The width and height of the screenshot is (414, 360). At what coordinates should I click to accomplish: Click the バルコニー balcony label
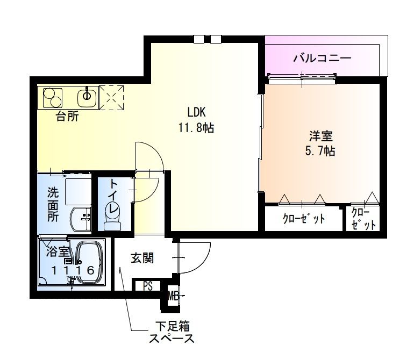pyautogui.click(x=322, y=57)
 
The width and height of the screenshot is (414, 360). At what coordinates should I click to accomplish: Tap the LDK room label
pyautogui.click(x=197, y=112)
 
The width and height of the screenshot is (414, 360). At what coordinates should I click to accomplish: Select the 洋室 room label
pyautogui.click(x=319, y=135)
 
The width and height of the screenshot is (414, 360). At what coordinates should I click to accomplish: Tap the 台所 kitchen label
pyautogui.click(x=67, y=117)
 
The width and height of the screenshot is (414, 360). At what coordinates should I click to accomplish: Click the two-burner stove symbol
pyautogui.click(x=53, y=97)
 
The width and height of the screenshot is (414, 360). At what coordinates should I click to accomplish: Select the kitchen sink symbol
pyautogui.click(x=87, y=97)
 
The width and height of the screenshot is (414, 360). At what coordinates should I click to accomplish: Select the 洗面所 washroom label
pyautogui.click(x=53, y=204)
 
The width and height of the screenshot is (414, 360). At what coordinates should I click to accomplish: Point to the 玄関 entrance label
pyautogui.click(x=142, y=258)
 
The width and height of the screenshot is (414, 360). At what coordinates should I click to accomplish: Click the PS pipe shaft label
pyautogui.click(x=148, y=286)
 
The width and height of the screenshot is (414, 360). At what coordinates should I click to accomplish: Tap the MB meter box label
pyautogui.click(x=173, y=295)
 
